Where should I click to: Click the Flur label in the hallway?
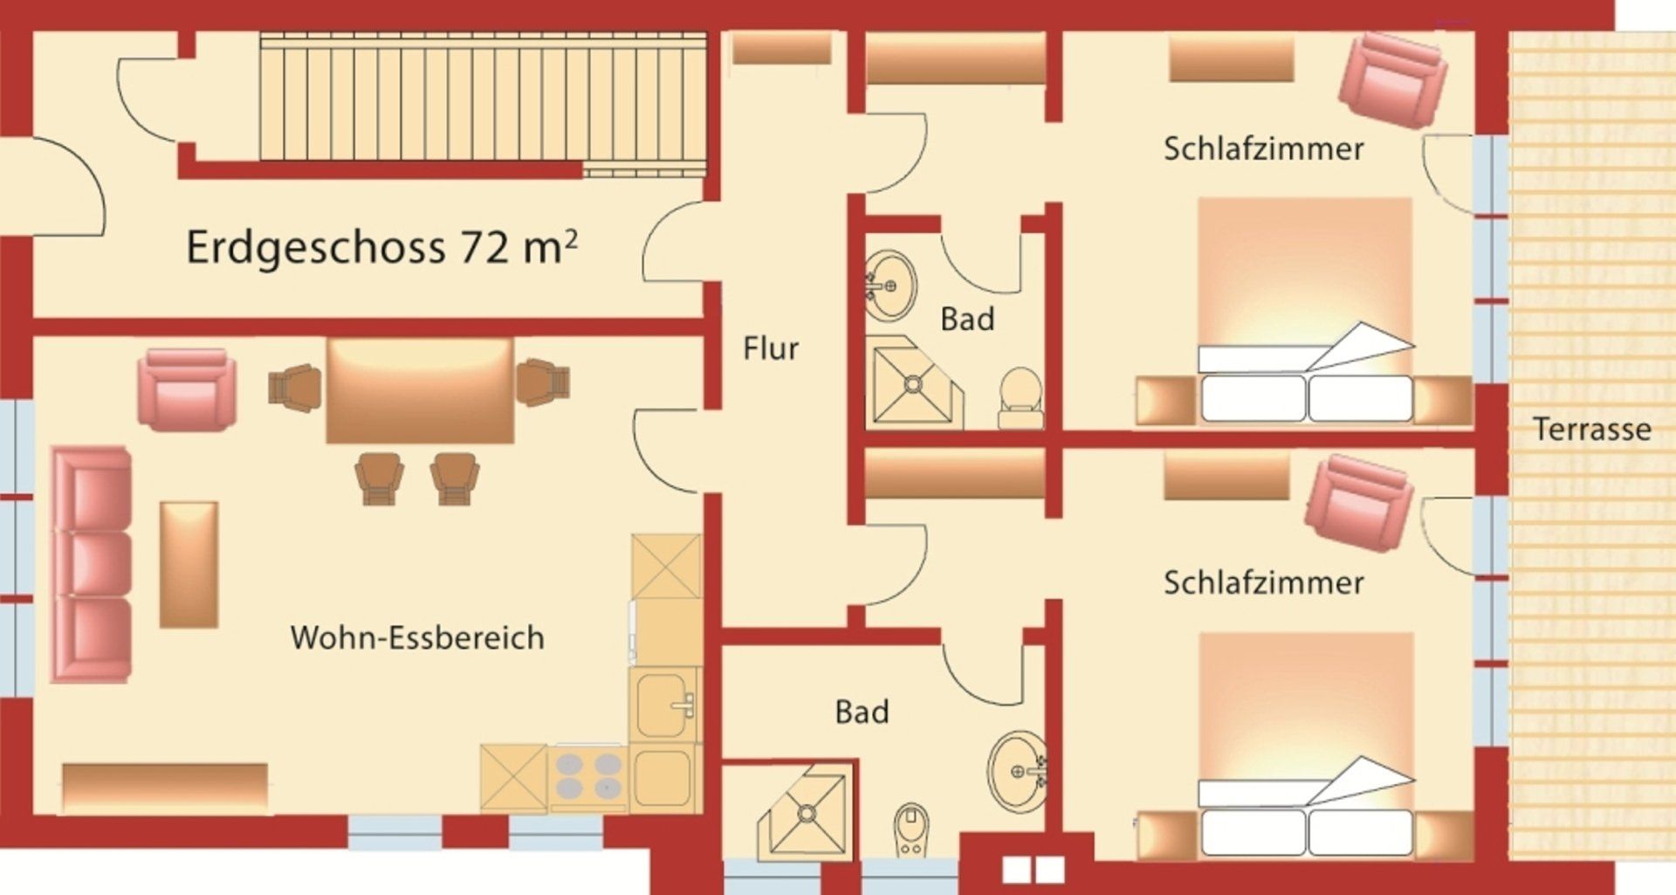(771, 348)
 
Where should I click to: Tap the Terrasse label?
(1592, 429)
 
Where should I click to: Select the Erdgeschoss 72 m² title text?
(381, 247)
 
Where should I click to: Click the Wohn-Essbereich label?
(417, 637)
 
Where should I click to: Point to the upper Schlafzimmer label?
(1263, 148)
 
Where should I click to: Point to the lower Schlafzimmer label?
(1263, 582)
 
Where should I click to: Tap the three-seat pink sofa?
(92, 564)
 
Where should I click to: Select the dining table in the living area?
(420, 390)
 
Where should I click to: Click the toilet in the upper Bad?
(1020, 399)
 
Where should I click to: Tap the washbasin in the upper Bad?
(890, 286)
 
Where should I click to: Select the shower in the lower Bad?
(803, 812)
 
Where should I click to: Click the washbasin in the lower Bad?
(1018, 771)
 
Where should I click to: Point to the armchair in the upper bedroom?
(1393, 80)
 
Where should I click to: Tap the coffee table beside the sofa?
(189, 564)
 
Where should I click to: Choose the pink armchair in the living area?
(187, 389)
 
